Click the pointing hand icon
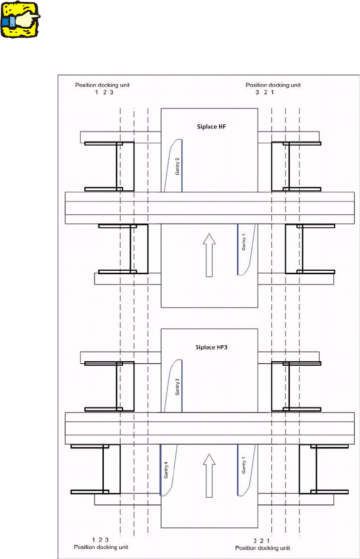[20, 19]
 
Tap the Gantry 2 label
[177, 167]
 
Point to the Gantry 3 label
[177, 387]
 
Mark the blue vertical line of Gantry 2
[182, 165]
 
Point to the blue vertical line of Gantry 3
[182, 385]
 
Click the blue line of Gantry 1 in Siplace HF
[237, 249]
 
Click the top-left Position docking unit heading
[102, 85]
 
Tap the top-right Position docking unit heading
[273, 85]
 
